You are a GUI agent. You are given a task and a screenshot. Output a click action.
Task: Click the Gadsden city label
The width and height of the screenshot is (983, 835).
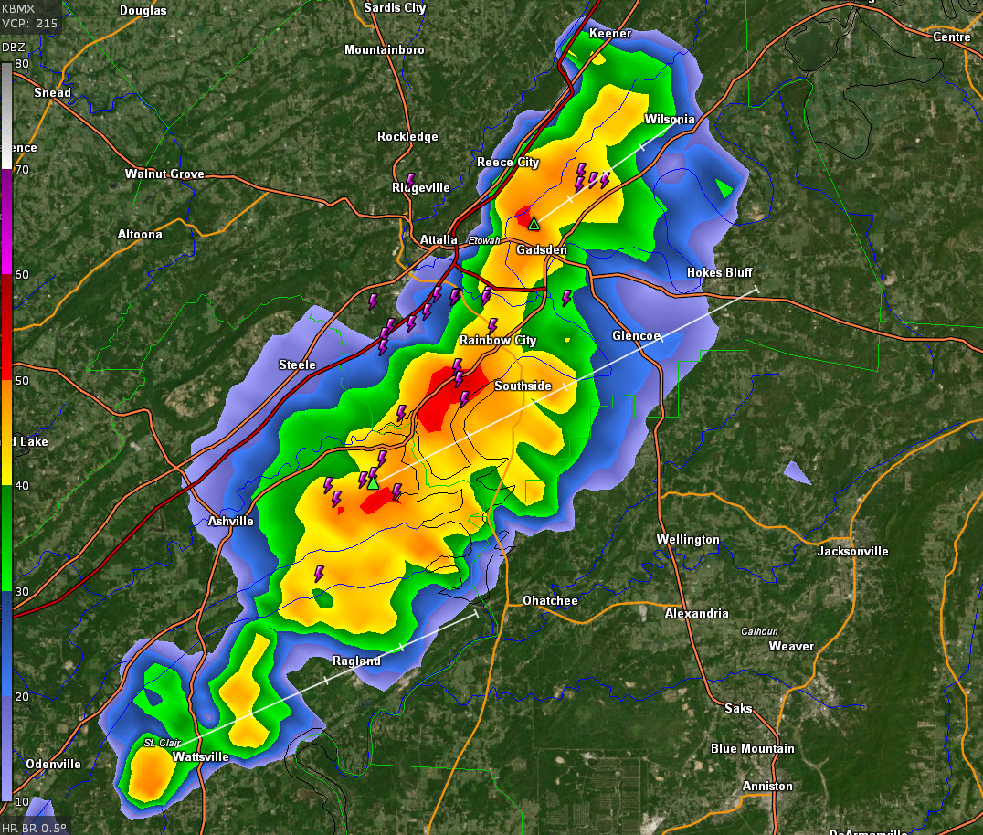pyautogui.click(x=542, y=250)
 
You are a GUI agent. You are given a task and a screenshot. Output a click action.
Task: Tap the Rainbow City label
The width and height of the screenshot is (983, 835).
pyautogui.click(x=498, y=341)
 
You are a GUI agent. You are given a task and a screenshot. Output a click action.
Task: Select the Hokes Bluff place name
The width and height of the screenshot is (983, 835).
pyautogui.click(x=720, y=273)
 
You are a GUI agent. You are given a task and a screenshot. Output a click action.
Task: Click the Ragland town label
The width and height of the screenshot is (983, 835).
pyautogui.click(x=356, y=661)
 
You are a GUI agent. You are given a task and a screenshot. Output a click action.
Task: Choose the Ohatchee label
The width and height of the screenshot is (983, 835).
pyautogui.click(x=550, y=600)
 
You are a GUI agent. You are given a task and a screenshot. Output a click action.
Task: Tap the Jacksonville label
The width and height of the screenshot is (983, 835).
pyautogui.click(x=852, y=552)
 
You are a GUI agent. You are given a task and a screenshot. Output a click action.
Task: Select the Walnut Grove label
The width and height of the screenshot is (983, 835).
pyautogui.click(x=164, y=174)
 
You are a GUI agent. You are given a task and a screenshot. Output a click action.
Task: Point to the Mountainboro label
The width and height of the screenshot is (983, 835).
pyautogui.click(x=384, y=50)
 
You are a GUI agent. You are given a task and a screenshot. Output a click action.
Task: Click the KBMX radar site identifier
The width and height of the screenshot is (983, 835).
pyautogui.click(x=18, y=8)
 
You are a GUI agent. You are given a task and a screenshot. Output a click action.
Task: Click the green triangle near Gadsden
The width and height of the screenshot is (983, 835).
pyautogui.click(x=534, y=224)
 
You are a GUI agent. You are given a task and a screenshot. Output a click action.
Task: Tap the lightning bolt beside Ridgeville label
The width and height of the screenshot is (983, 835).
pyautogui.click(x=410, y=180)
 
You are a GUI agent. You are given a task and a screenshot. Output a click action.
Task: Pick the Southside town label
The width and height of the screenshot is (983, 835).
pyautogui.click(x=523, y=386)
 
